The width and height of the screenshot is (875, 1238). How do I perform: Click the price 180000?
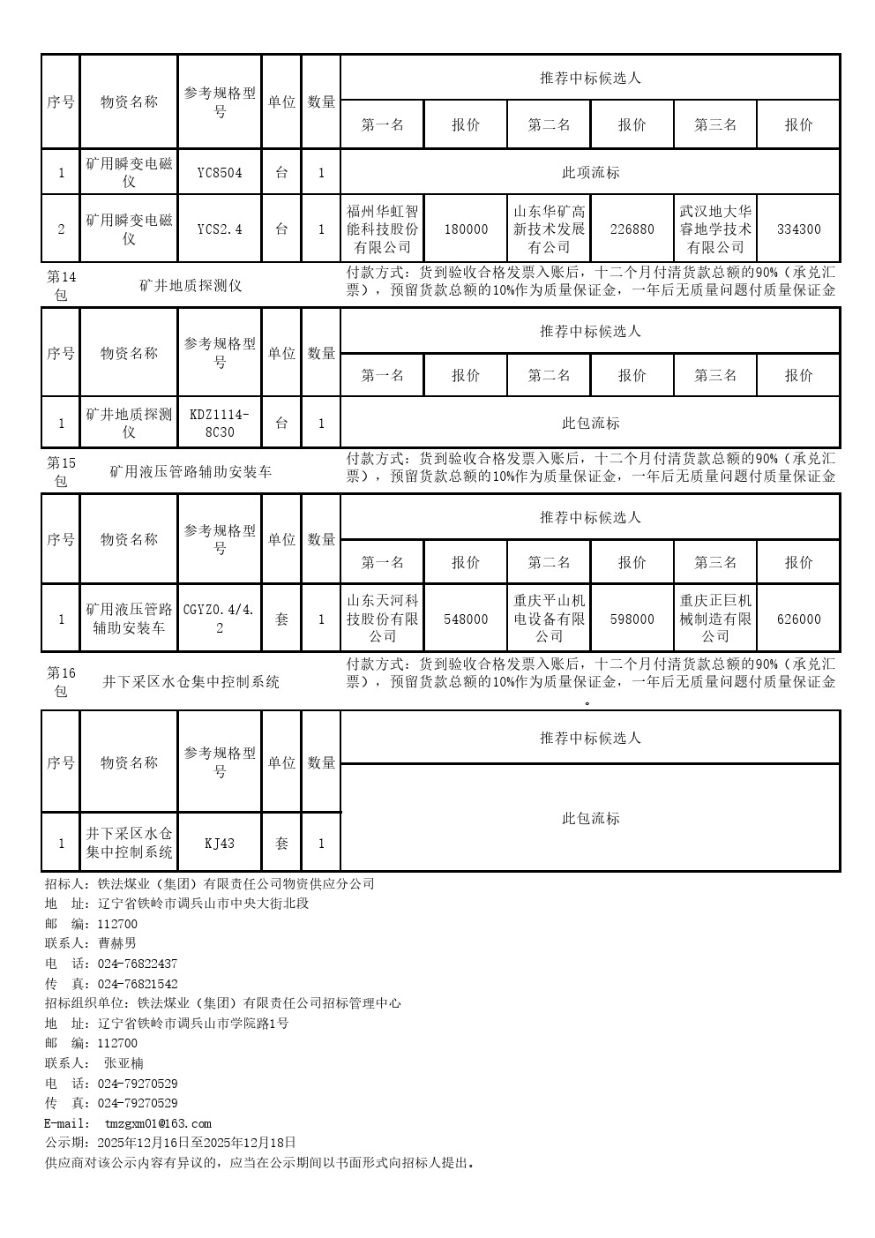click(466, 229)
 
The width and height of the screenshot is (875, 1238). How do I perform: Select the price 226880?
click(632, 229)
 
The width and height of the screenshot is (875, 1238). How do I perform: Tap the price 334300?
click(798, 229)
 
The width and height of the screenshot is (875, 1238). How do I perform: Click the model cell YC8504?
click(220, 173)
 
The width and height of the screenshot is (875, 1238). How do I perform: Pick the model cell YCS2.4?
click(220, 229)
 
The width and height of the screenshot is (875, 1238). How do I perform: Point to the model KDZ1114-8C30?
click(220, 424)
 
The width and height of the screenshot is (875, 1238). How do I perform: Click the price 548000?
click(466, 619)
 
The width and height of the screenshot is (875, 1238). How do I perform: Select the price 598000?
click(632, 619)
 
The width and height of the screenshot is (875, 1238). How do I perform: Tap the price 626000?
click(798, 619)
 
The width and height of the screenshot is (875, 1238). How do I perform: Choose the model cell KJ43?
click(220, 844)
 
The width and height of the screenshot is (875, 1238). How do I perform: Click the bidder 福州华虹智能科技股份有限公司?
click(382, 229)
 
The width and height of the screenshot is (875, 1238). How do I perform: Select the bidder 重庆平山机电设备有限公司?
click(549, 619)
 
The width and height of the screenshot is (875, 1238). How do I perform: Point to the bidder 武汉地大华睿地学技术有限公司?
click(715, 229)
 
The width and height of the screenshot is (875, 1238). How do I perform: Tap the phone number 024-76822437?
click(138, 964)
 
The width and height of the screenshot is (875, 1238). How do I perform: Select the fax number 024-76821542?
click(138, 984)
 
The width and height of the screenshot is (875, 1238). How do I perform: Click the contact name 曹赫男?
click(117, 943)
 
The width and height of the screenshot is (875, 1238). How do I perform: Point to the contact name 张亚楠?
click(123, 1063)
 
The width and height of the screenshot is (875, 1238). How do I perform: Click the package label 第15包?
click(61, 472)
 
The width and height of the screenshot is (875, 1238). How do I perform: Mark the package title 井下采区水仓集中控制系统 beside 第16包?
click(191, 682)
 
